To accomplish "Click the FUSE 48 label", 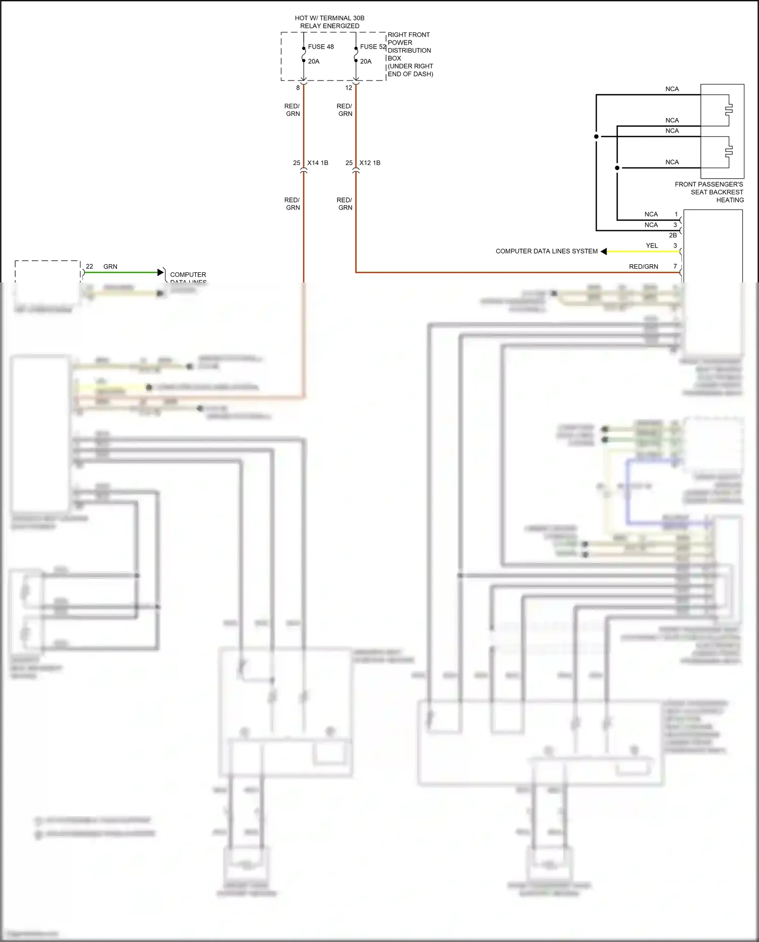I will [x=320, y=47].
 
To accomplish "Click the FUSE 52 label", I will [x=372, y=47].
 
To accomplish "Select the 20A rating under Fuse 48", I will [x=314, y=61].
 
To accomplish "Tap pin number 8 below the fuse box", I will [x=298, y=88].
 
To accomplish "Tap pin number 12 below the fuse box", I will [x=349, y=88].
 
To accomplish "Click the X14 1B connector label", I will [x=318, y=163].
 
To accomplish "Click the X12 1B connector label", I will [x=370, y=163].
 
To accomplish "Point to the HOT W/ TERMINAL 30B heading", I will [x=329, y=18].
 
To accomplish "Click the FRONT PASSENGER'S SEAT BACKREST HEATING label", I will [x=709, y=192].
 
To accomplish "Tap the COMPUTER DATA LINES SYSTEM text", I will [x=546, y=251].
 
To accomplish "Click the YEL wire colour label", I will [x=652, y=245].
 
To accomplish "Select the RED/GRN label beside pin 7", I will [x=643, y=267].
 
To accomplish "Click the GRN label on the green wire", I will [x=110, y=266].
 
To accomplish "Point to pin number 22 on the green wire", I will [x=90, y=266].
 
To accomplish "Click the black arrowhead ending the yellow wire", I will [x=604, y=252].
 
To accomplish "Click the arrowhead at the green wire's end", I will [x=161, y=273].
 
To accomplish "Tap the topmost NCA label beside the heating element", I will [x=672, y=89].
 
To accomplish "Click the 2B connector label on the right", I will [x=672, y=235].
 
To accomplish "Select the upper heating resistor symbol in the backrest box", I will [x=729, y=109].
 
